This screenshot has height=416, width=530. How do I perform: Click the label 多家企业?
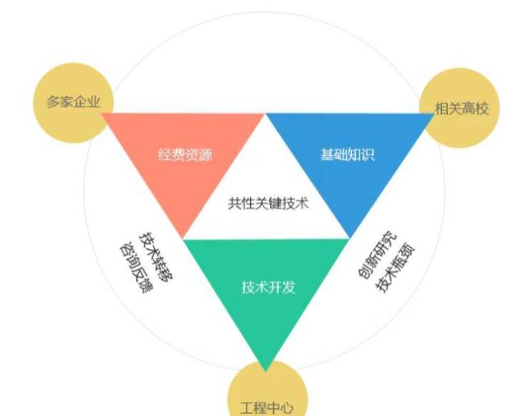73,102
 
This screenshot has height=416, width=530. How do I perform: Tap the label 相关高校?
461,109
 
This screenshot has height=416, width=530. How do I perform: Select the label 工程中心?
266,408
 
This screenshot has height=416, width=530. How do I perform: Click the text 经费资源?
185,155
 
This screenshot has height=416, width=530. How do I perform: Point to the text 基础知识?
348,155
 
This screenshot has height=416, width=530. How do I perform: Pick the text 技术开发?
269,287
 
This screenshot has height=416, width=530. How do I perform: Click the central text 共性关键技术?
269,203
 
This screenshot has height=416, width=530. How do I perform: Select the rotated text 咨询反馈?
136,268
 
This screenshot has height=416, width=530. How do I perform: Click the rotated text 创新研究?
377,255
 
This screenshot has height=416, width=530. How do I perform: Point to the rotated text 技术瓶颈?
395,268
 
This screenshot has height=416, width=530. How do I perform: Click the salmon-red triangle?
183,155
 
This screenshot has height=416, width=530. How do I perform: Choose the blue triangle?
350,155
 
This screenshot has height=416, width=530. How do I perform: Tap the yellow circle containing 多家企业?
73,102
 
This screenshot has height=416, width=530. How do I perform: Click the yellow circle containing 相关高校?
460,108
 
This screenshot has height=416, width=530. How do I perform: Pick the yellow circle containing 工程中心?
267,392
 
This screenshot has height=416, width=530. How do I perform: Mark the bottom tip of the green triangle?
266,372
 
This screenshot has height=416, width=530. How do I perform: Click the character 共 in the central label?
235,203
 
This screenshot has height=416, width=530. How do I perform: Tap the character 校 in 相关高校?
482,109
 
